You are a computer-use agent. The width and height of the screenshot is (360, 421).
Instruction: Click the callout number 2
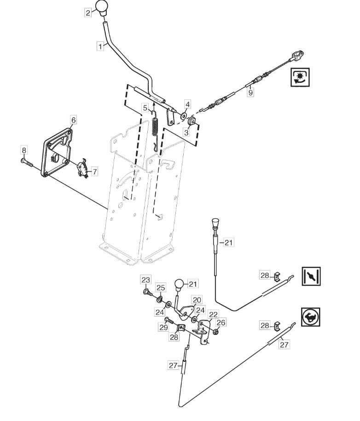click(88, 13)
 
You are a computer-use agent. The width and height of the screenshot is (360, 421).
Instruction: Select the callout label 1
click(100, 46)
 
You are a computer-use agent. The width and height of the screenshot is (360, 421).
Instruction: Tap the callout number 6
click(73, 120)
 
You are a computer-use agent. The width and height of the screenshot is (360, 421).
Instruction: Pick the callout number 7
click(94, 172)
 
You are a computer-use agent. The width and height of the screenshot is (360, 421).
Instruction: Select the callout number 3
click(186, 132)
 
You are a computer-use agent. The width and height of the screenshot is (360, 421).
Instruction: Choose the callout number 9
click(250, 92)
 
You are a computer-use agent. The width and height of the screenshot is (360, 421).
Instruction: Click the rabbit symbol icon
click(311, 317)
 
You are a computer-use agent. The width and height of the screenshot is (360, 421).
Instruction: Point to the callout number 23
click(145, 280)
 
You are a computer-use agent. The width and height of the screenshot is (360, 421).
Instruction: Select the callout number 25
click(160, 288)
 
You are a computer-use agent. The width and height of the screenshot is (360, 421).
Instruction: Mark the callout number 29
click(164, 327)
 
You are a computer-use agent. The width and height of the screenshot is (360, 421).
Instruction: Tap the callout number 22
click(213, 314)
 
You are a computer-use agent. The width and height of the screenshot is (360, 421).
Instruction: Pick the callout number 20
click(197, 300)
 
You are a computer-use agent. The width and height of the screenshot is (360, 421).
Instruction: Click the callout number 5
click(145, 108)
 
